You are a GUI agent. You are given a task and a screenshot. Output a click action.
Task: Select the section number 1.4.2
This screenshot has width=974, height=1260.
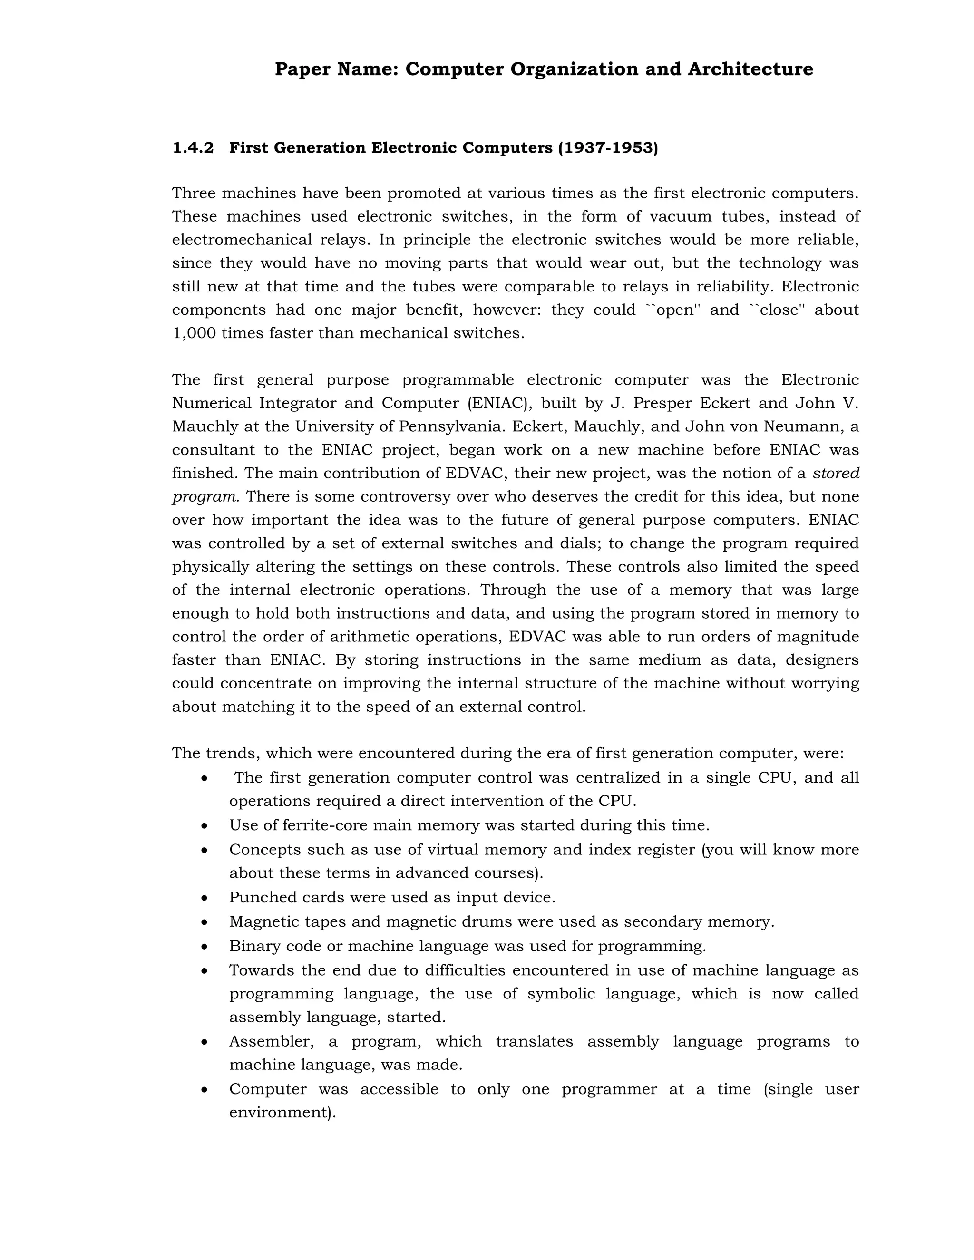(193, 148)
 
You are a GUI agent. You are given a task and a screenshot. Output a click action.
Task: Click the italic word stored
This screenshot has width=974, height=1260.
(836, 474)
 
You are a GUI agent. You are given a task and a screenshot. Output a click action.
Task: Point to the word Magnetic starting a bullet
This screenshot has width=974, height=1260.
(265, 922)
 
